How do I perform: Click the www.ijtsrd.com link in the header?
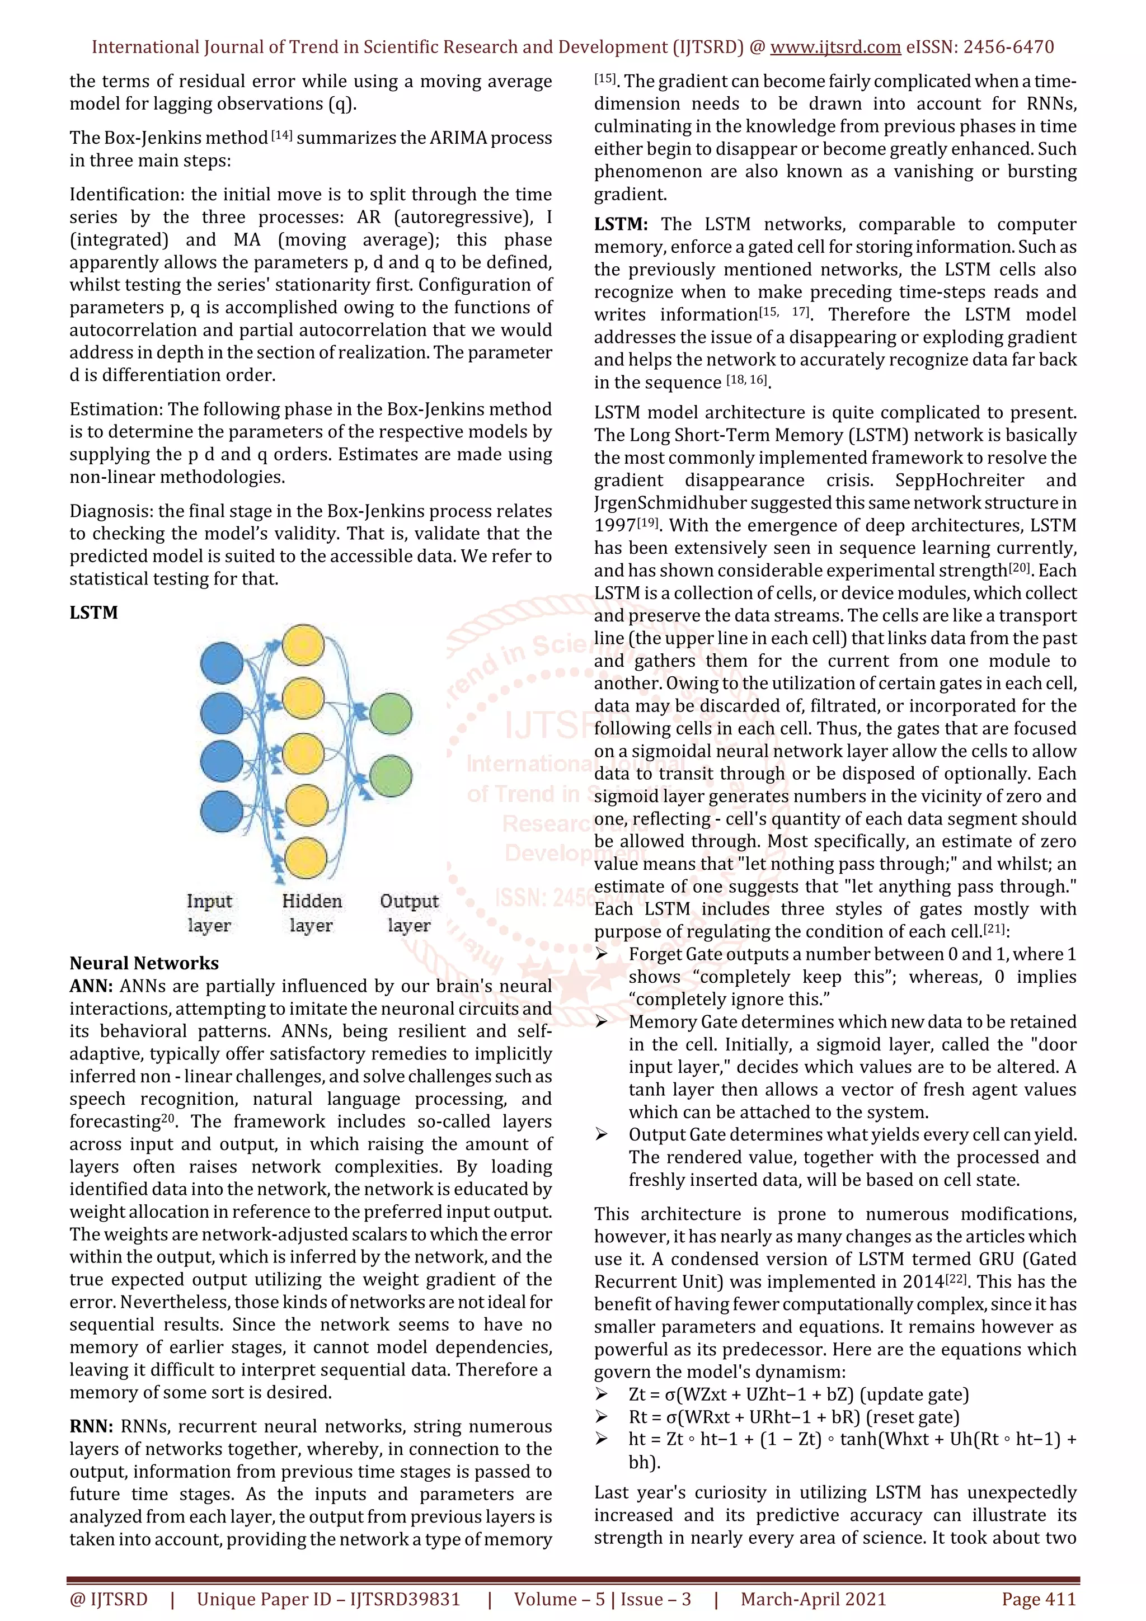pos(835,48)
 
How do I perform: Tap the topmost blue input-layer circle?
pos(222,663)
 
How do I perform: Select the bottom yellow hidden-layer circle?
pos(305,858)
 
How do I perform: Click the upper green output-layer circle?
pos(391,714)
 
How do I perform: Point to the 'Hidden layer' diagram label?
pos(311,913)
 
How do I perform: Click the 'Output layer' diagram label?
pos(409,913)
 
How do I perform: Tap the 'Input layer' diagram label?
pos(209,913)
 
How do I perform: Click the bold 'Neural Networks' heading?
pos(144,963)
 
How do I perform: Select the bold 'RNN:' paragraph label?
pos(91,1427)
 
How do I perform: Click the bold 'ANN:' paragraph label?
pos(92,986)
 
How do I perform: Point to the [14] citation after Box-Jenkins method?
pos(281,135)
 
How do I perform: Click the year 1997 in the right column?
pos(614,526)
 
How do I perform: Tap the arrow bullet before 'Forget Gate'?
pos(602,954)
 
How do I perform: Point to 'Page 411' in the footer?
pos(1038,1599)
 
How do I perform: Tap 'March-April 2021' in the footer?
pos(812,1599)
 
